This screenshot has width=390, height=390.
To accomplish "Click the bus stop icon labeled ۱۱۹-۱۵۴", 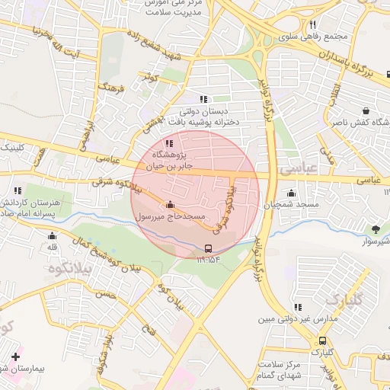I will (209, 249).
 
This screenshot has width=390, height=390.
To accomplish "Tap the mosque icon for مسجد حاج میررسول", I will (169, 205).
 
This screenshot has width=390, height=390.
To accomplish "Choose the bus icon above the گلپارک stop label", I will (323, 341).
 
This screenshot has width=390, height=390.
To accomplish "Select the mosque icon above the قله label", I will (53, 235).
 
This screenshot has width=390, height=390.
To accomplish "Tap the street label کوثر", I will (149, 78).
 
